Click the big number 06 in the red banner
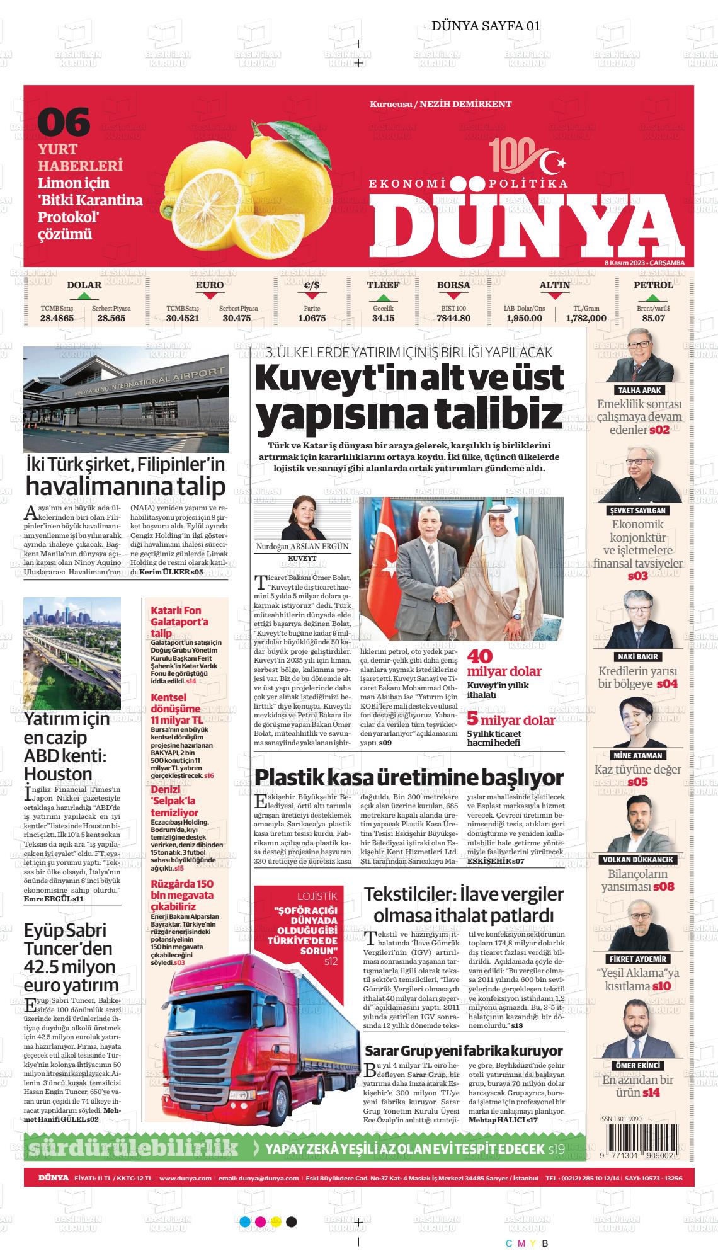point(64,122)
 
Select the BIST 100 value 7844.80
point(453,318)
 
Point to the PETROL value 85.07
point(653,318)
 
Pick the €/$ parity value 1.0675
point(311,318)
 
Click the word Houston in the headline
point(58,774)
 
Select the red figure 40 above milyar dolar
point(479,656)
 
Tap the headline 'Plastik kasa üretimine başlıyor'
point(409,777)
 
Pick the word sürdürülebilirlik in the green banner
point(134,1148)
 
